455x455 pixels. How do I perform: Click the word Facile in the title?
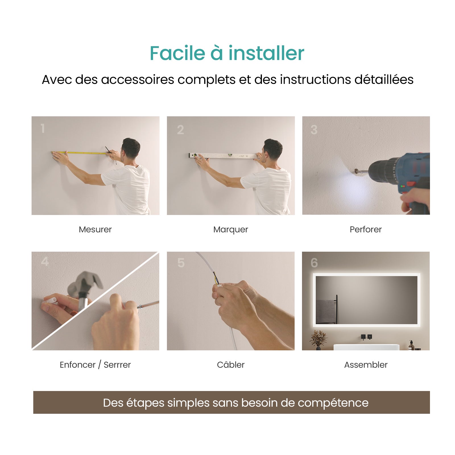click(177, 53)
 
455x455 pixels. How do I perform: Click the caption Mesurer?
click(95, 229)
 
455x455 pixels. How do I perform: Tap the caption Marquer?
click(230, 229)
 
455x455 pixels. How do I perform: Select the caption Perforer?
click(365, 229)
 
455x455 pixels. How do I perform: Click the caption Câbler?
click(230, 365)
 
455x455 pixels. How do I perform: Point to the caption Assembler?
click(366, 365)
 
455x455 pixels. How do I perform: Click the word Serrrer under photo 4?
click(117, 365)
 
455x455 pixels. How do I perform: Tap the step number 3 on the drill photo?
click(314, 130)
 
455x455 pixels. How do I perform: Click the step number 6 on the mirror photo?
click(314, 263)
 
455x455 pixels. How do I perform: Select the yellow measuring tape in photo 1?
click(82, 153)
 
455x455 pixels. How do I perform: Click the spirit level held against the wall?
click(225, 156)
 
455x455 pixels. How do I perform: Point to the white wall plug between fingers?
click(51, 300)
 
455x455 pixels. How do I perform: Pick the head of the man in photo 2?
click(272, 149)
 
